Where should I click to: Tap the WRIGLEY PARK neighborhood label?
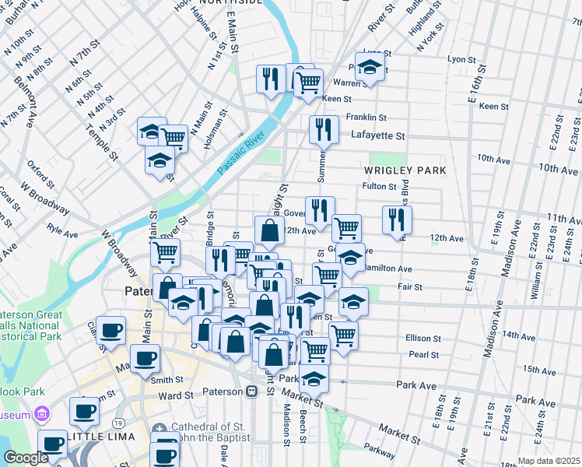405,170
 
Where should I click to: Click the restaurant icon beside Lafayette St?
324,130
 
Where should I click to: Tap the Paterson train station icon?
251,392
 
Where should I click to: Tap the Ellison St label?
424,339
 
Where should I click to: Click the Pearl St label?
424,354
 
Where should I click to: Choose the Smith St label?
167,380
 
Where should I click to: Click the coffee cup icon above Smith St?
145,359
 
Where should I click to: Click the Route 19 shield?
117,421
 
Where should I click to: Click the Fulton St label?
380,186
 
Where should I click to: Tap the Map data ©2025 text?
549,461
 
